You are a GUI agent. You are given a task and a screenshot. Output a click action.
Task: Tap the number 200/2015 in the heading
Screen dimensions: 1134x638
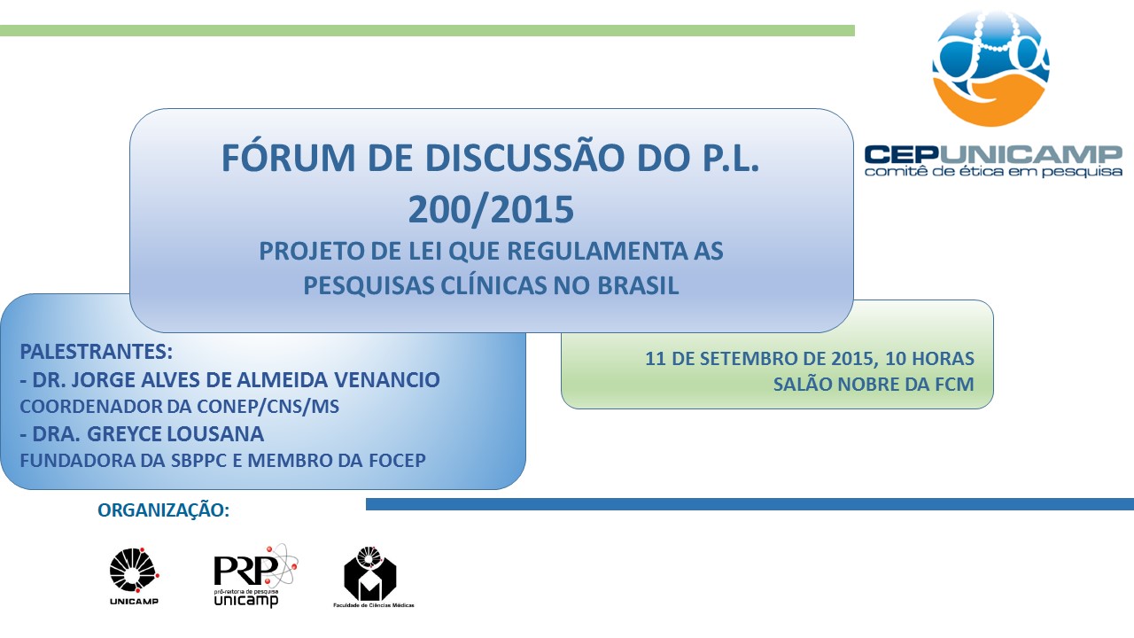(x=491, y=209)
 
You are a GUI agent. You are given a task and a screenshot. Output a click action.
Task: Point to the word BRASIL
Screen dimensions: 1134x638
(x=638, y=285)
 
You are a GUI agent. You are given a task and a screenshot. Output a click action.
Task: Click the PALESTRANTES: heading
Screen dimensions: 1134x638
(x=97, y=352)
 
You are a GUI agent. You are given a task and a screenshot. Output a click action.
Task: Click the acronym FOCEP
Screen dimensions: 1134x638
(x=398, y=460)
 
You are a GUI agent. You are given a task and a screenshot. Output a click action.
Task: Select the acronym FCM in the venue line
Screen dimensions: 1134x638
(x=954, y=385)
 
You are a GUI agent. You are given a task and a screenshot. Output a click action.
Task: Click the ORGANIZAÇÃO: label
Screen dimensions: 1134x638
(x=164, y=510)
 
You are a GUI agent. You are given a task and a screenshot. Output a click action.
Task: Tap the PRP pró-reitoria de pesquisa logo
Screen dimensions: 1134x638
(x=256, y=576)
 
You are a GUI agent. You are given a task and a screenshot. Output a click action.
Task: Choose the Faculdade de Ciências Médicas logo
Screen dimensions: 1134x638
(x=373, y=577)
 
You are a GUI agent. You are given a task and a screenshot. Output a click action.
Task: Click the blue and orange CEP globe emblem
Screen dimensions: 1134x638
(x=990, y=68)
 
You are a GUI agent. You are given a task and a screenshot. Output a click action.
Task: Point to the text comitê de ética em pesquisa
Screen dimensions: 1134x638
(x=993, y=172)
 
